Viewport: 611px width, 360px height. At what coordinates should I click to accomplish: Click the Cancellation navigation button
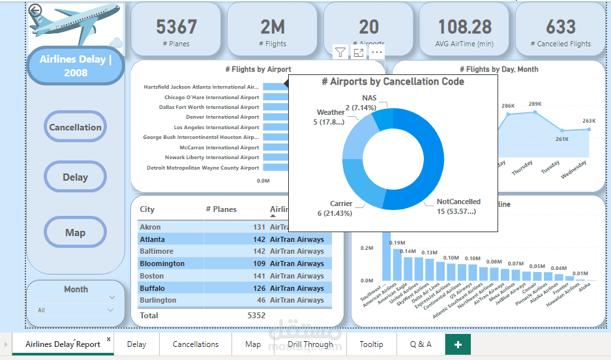point(75,127)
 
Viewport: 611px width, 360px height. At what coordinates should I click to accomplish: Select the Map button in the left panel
point(75,233)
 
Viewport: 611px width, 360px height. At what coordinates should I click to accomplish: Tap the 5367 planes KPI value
point(176,27)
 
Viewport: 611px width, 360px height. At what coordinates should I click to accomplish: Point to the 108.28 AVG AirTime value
point(464,27)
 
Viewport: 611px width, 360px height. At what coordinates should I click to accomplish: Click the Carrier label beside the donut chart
point(341,203)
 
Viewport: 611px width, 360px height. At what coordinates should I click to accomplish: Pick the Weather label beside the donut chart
point(331,112)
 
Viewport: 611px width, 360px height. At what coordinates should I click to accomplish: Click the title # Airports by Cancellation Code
point(393,82)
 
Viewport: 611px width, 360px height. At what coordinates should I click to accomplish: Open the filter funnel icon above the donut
point(340,52)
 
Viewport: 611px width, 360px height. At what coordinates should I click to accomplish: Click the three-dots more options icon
point(377,52)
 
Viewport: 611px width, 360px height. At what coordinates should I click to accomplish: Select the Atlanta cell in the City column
point(152,239)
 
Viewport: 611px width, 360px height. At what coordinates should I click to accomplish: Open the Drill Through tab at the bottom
point(310,344)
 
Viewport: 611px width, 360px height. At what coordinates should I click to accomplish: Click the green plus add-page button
point(458,344)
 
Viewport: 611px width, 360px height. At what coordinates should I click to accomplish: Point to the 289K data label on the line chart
point(535,104)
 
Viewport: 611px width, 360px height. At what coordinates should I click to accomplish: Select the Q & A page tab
point(421,344)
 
